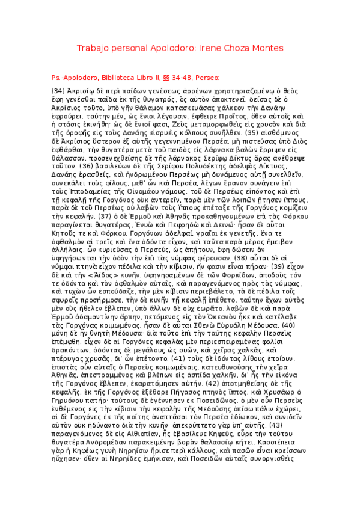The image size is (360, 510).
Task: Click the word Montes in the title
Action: pos(264,48)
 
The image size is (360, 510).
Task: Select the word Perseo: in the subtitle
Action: pos(207,78)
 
